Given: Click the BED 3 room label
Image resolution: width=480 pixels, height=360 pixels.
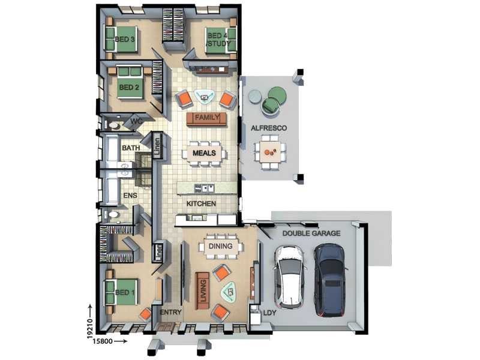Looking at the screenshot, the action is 125,40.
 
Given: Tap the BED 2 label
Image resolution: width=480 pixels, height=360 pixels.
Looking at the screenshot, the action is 129,88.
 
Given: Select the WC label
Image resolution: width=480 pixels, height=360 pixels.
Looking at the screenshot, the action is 137,122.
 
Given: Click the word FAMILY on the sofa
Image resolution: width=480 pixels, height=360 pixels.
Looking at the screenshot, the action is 207,117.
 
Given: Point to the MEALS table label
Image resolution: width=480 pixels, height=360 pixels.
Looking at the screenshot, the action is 204,153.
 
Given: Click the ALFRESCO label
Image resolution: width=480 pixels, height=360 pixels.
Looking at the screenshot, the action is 269,128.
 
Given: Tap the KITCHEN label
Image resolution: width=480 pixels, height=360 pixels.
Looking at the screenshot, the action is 201,203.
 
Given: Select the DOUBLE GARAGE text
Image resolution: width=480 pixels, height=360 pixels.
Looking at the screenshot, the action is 311,233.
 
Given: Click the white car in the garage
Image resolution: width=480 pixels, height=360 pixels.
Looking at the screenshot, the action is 289,277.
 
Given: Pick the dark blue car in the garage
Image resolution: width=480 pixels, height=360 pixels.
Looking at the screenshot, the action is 330,280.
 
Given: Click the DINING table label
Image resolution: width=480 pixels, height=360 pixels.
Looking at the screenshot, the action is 220,246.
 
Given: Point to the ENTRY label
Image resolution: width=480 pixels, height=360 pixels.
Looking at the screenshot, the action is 171,312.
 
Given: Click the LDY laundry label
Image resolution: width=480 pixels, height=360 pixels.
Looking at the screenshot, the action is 269,313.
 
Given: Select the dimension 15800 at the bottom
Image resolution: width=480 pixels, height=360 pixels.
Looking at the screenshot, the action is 103,341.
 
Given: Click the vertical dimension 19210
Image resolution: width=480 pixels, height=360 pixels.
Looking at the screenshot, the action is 90,328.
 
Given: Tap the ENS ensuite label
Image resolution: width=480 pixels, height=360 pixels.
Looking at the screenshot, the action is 130,196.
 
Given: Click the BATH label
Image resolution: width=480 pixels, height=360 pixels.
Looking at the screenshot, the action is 131,148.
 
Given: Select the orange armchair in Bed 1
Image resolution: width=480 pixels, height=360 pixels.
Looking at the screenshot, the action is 145,314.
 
